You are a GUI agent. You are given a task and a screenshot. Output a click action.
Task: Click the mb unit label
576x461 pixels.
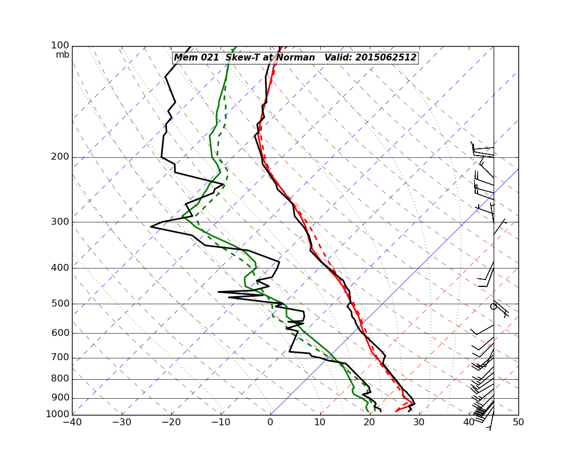click(62, 55)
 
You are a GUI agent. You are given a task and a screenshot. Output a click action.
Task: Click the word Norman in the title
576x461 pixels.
click(295, 58)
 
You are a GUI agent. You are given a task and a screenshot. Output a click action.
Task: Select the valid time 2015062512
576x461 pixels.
click(385, 58)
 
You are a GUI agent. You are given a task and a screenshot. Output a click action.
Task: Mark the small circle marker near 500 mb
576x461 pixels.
click(493, 307)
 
